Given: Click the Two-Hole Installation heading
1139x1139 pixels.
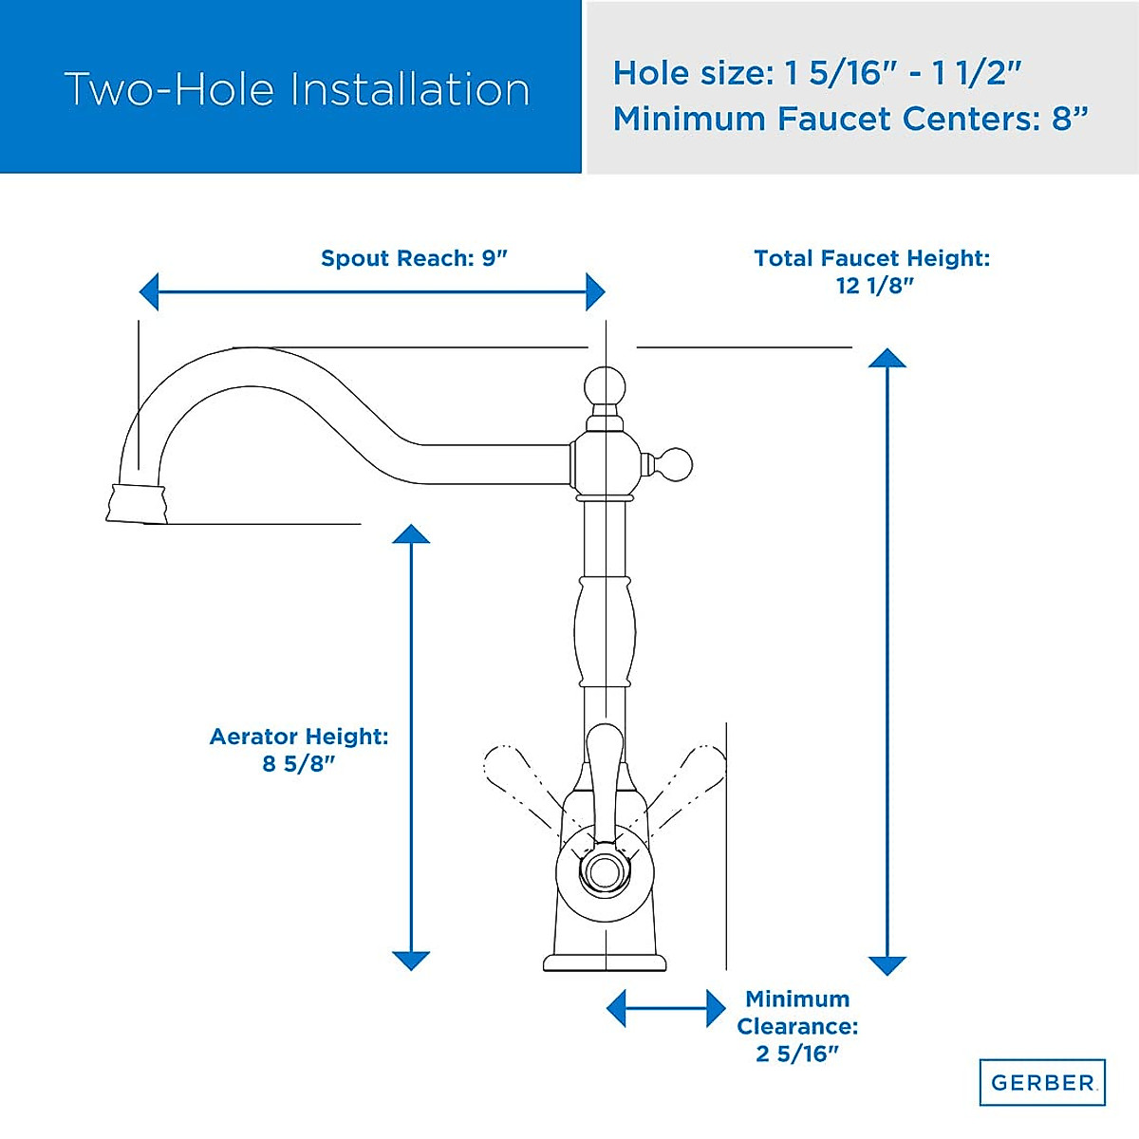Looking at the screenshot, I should coord(296,89).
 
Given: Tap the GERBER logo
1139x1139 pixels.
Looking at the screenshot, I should coord(1042,1082).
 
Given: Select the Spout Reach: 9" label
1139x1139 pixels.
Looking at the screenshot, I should coord(414,258).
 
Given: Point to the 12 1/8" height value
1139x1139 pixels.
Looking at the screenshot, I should coord(874,286).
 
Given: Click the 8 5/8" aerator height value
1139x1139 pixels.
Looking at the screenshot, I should coord(299,764).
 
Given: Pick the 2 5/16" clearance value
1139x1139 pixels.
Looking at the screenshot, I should coord(797,1054).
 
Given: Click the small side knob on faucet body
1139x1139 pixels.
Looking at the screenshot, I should coord(677,464).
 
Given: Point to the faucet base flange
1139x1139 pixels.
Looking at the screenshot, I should coord(605,962).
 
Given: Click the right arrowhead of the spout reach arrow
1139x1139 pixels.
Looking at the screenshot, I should coord(595,291).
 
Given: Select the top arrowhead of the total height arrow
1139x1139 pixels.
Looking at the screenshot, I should coord(887,358).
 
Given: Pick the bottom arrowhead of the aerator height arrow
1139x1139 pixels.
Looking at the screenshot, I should coord(411,960).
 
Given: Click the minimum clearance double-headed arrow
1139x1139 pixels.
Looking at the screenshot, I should coord(665,1008).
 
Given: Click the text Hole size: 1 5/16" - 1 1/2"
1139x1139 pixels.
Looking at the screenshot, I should coord(816,73).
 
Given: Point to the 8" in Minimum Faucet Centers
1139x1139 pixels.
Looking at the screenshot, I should coord(1069,119).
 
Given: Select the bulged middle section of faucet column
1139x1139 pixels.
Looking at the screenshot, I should coord(605,630).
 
